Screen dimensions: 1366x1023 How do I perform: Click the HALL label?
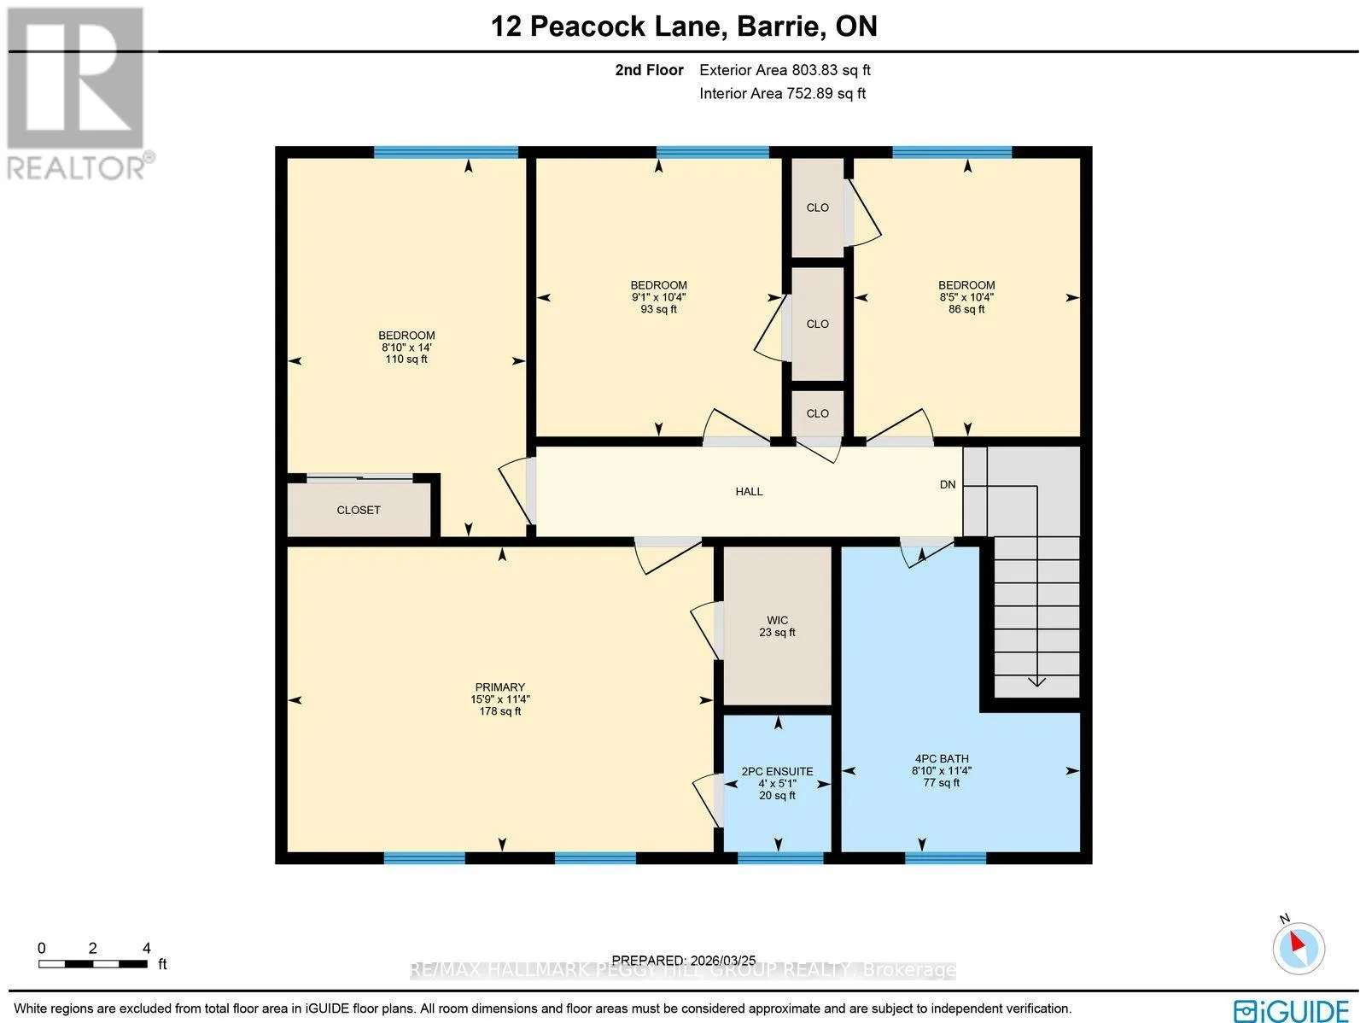click(x=749, y=492)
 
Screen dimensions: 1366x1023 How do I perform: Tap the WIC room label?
click(x=777, y=621)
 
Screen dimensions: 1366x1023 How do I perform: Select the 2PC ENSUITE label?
click(x=777, y=772)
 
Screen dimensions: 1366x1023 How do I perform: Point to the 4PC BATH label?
click(x=942, y=758)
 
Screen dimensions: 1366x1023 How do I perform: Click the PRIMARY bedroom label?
click(x=499, y=687)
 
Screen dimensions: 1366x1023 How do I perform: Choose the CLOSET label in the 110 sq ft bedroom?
click(x=359, y=511)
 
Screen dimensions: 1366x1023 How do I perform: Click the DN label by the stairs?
click(x=947, y=485)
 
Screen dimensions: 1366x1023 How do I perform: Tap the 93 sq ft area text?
click(x=658, y=309)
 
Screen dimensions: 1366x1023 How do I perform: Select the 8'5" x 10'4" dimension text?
click(x=966, y=297)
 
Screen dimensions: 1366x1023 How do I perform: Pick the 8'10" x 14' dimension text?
click(x=406, y=348)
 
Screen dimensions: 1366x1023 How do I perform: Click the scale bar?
click(x=93, y=964)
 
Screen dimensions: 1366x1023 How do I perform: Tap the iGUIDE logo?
click(x=1292, y=1009)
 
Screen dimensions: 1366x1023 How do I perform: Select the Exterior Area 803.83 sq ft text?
click(x=785, y=70)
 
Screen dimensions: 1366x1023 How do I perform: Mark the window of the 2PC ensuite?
click(x=780, y=859)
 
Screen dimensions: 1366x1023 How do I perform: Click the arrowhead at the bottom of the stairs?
click(x=1036, y=681)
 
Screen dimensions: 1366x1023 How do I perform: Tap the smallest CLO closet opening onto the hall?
click(x=817, y=414)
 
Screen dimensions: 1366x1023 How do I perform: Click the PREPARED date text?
click(x=684, y=961)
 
